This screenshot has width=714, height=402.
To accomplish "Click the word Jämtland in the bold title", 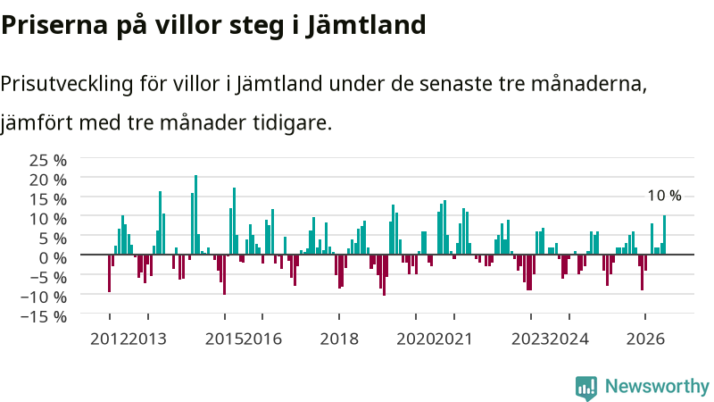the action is tap(366, 25).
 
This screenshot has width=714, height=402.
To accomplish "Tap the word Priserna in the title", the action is tap(54, 25).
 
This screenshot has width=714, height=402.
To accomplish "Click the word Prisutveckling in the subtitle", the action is tap(67, 84).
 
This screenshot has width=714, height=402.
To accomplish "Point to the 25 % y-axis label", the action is tap(48, 161).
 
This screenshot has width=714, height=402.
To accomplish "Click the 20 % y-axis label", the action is tap(48, 180).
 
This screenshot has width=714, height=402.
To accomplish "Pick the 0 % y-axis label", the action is tap(53, 258).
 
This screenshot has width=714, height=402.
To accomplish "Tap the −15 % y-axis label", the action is tap(44, 317).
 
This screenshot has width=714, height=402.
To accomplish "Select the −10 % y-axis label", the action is tap(44, 297).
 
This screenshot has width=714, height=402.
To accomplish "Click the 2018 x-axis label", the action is tap(339, 339).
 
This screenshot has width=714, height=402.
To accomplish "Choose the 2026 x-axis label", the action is tap(645, 339).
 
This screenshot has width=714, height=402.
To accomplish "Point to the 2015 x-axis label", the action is tap(224, 339).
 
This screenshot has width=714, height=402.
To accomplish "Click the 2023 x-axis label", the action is tap(530, 339).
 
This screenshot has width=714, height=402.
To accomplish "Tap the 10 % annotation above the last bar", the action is tap(664, 196).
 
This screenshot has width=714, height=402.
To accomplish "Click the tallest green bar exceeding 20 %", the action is tap(195, 214).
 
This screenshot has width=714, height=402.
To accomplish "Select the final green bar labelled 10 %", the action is tap(664, 235).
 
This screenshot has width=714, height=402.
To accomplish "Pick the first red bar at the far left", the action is tap(109, 273).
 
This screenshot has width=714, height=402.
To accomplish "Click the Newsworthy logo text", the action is tap(657, 387).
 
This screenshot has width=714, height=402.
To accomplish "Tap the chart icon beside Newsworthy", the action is tap(586, 388).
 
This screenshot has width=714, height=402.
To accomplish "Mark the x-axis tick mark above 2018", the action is tap(339, 316).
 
